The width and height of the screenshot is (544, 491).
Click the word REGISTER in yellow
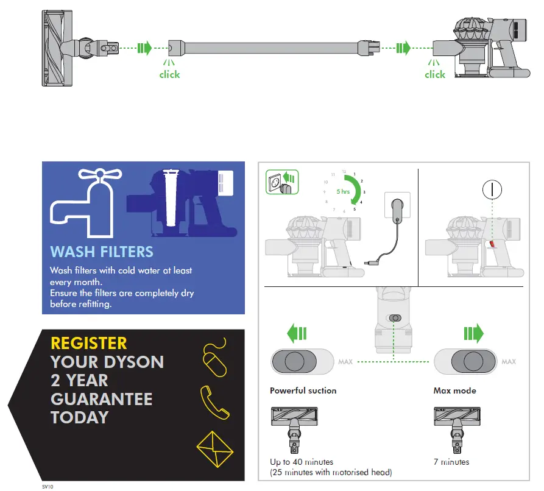click(89, 344)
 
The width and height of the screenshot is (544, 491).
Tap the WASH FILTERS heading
click(102, 252)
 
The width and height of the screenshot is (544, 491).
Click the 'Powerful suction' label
click(303, 390)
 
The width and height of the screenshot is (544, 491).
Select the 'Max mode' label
click(454, 390)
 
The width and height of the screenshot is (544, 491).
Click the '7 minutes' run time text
click(451, 462)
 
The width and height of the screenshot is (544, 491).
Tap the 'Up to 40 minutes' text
click(302, 462)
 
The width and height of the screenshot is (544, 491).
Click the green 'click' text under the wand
click(169, 75)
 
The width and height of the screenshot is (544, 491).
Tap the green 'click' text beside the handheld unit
click(435, 75)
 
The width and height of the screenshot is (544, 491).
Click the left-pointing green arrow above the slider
click(297, 334)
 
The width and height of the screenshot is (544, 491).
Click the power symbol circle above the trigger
click(492, 190)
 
